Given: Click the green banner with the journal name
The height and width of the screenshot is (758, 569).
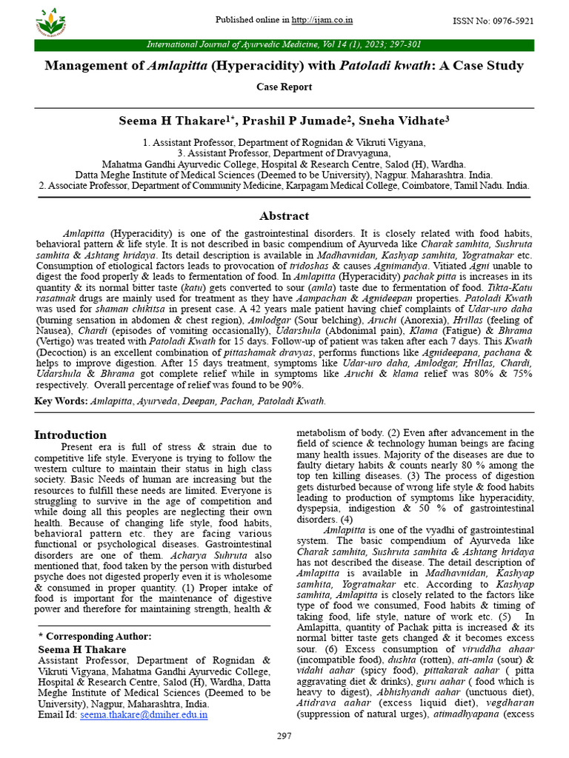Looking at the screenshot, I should coord(284,45).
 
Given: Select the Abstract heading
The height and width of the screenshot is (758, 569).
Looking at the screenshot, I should coord(284,216).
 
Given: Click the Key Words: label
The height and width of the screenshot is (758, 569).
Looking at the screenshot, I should coord(61,401).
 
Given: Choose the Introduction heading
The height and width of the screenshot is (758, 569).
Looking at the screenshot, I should coord(70,435).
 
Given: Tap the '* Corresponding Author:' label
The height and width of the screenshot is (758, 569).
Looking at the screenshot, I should coord(94,636).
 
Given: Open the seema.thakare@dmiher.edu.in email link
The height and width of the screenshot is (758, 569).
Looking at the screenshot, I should coord(144,715).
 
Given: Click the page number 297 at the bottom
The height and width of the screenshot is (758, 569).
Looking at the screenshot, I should coord(284,736).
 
